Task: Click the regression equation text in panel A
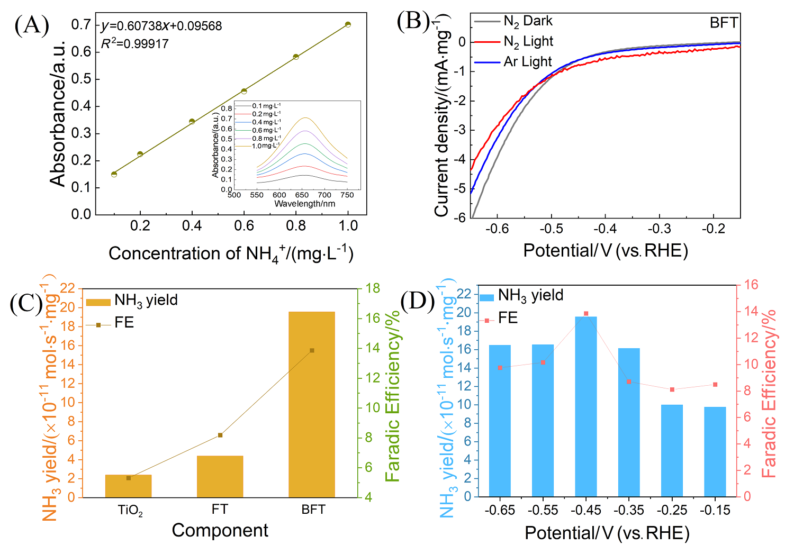161,26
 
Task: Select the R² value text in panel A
135,43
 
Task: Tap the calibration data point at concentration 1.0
348,24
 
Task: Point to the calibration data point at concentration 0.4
192,122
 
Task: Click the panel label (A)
32,25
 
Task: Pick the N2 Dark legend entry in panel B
513,21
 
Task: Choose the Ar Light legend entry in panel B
513,62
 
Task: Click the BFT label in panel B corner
724,23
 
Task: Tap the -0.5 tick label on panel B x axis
551,229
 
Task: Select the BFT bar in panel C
312,405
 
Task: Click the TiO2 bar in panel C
128,486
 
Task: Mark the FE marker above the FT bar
220,435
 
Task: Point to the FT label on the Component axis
220,510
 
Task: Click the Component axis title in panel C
220,530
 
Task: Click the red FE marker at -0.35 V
629,381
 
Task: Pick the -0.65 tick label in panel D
500,511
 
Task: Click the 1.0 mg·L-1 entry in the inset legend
265,146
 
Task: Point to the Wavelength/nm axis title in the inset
304,204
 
